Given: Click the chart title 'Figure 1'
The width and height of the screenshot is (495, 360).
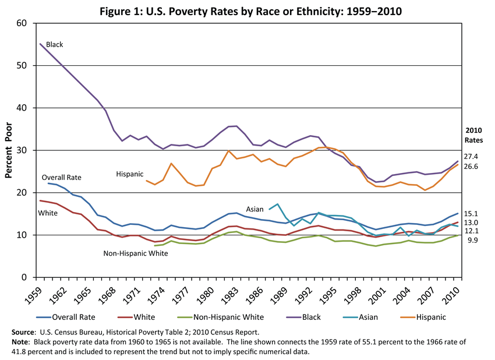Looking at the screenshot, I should [x=248, y=11].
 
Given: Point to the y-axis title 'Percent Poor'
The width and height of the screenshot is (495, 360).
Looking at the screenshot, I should [x=9, y=150].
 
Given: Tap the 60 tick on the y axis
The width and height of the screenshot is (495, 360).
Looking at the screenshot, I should [x=22, y=23].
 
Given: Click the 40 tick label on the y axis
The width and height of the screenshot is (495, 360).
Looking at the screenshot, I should [x=22, y=108].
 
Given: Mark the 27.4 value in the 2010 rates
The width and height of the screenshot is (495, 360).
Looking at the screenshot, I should [x=471, y=157].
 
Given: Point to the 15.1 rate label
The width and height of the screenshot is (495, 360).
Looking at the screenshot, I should [x=471, y=214].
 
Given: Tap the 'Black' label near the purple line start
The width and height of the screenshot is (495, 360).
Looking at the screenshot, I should [x=54, y=44].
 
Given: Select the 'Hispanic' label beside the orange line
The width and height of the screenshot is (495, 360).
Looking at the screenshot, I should [x=129, y=174].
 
